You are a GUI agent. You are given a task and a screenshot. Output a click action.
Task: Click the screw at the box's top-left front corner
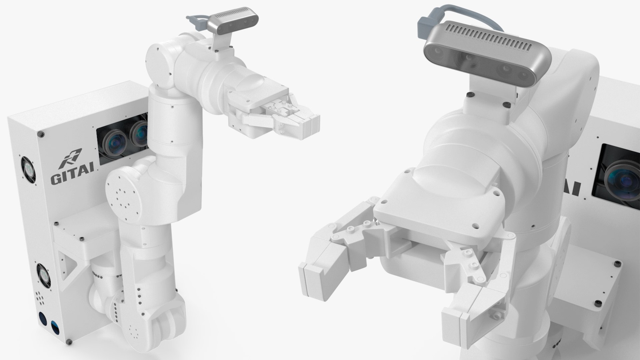(x=41, y=134)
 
